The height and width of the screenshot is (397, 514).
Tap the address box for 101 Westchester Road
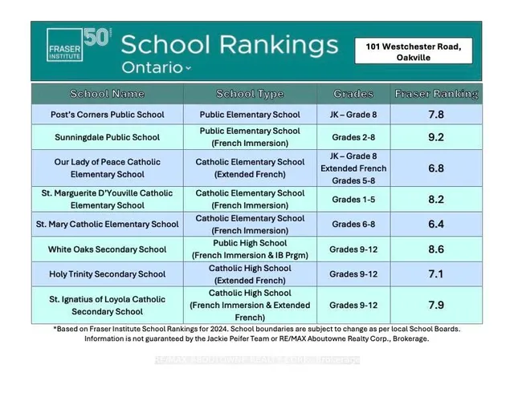[x=414, y=52]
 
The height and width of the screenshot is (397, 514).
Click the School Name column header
[x=107, y=94]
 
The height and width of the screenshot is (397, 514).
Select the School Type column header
[x=250, y=94]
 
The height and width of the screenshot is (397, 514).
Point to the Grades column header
[x=353, y=94]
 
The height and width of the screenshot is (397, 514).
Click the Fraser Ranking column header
[x=436, y=94]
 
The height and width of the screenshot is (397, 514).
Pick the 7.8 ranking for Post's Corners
[x=436, y=115]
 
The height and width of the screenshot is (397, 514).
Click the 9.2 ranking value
[x=436, y=137]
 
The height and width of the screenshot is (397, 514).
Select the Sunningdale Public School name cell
[x=107, y=137]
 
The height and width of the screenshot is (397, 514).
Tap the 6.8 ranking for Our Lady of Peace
[x=436, y=168]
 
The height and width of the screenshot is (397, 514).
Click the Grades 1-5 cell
[x=353, y=199]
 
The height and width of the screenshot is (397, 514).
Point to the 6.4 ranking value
[x=436, y=225]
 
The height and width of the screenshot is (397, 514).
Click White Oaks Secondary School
[x=107, y=249]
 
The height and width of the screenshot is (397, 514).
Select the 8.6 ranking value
[x=436, y=249]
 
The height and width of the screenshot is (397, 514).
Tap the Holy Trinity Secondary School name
[x=107, y=273]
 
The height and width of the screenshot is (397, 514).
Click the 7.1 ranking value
[x=436, y=273]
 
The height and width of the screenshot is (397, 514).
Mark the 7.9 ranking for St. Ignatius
[x=436, y=305]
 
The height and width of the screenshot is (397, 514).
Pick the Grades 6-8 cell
[x=353, y=225]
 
